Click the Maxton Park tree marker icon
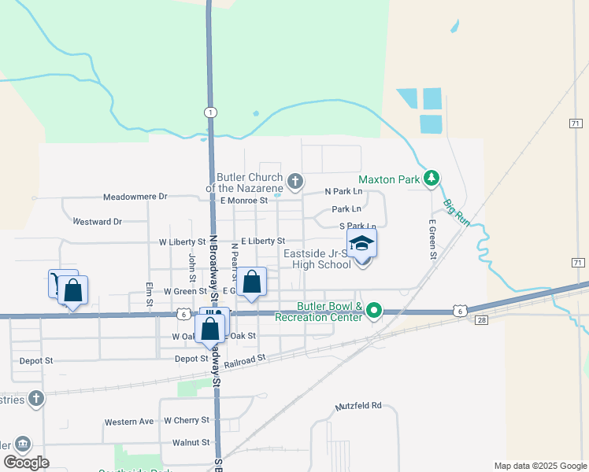pyautogui.click(x=431, y=179)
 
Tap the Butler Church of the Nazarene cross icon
pyautogui.click(x=295, y=183)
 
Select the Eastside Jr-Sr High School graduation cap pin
pyautogui.click(x=361, y=244)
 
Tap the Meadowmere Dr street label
pyautogui.click(x=135, y=197)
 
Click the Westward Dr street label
pyautogui.click(x=97, y=222)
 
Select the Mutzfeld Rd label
pyautogui.click(x=358, y=406)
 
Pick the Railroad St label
pyautogui.click(x=246, y=358)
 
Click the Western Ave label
pyautogui.click(x=129, y=422)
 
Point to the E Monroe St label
pyautogui.click(x=244, y=201)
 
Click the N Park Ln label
pyautogui.click(x=344, y=191)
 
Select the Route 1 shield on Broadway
pyautogui.click(x=211, y=112)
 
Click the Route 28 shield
pyautogui.click(x=482, y=319)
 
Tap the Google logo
pyautogui.click(x=26, y=463)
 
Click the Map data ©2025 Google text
pyautogui.click(x=539, y=466)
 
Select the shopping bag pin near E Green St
pyautogui.click(x=252, y=282)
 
